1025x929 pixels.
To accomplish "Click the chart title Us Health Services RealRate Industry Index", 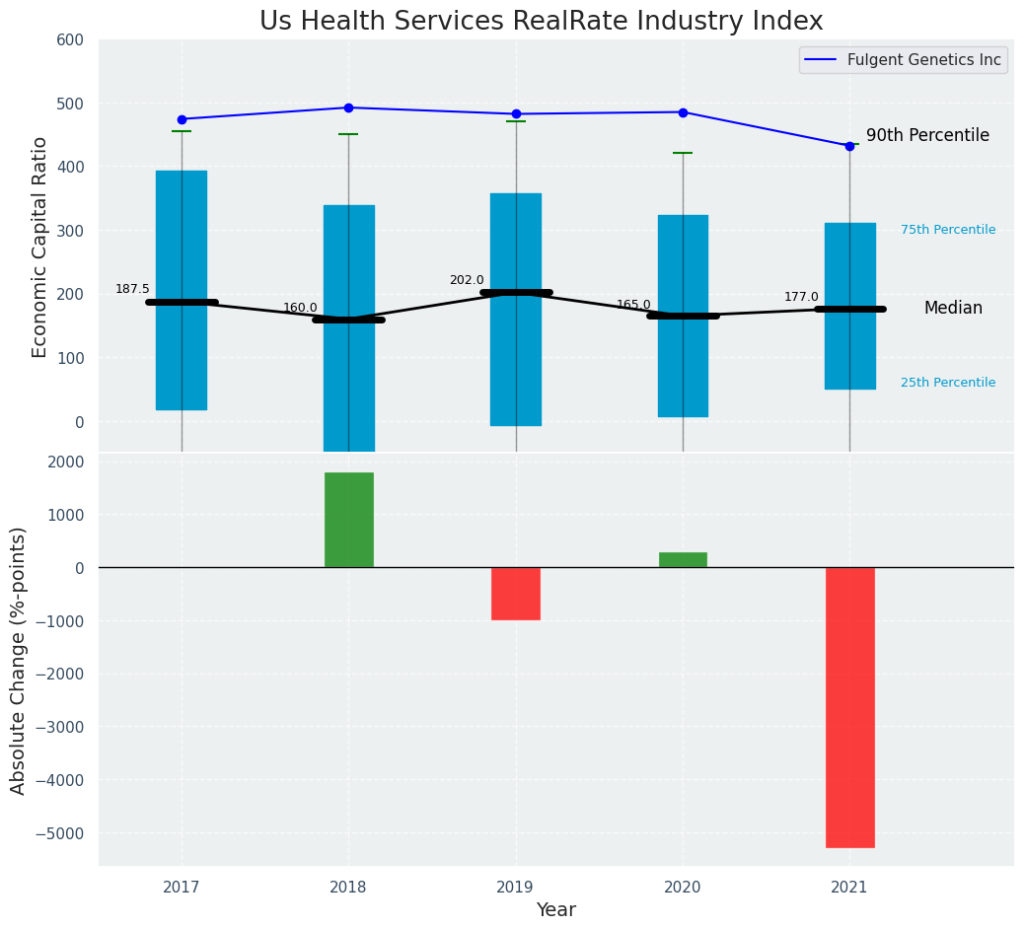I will [541, 22].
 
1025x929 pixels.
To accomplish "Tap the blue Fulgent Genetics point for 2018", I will [348, 107].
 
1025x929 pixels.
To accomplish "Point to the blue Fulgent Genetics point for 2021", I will [849, 146].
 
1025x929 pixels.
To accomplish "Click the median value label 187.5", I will [132, 289].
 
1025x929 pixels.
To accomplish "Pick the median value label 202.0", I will [467, 280].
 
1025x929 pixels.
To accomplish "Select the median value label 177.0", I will [801, 297].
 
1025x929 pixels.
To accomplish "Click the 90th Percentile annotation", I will [927, 136].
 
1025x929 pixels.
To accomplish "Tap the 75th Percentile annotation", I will [948, 230].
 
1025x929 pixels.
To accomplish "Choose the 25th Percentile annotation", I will [948, 383].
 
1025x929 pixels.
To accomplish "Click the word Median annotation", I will [953, 309].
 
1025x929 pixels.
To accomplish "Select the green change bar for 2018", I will [348, 520].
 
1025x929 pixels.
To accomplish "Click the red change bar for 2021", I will [849, 707].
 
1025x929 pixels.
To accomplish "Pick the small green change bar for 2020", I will [683, 560].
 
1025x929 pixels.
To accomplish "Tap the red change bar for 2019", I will [516, 594].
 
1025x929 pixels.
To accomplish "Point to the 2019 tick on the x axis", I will [516, 887].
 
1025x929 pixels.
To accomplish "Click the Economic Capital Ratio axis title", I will [40, 247].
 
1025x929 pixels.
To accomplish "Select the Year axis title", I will [556, 910].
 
